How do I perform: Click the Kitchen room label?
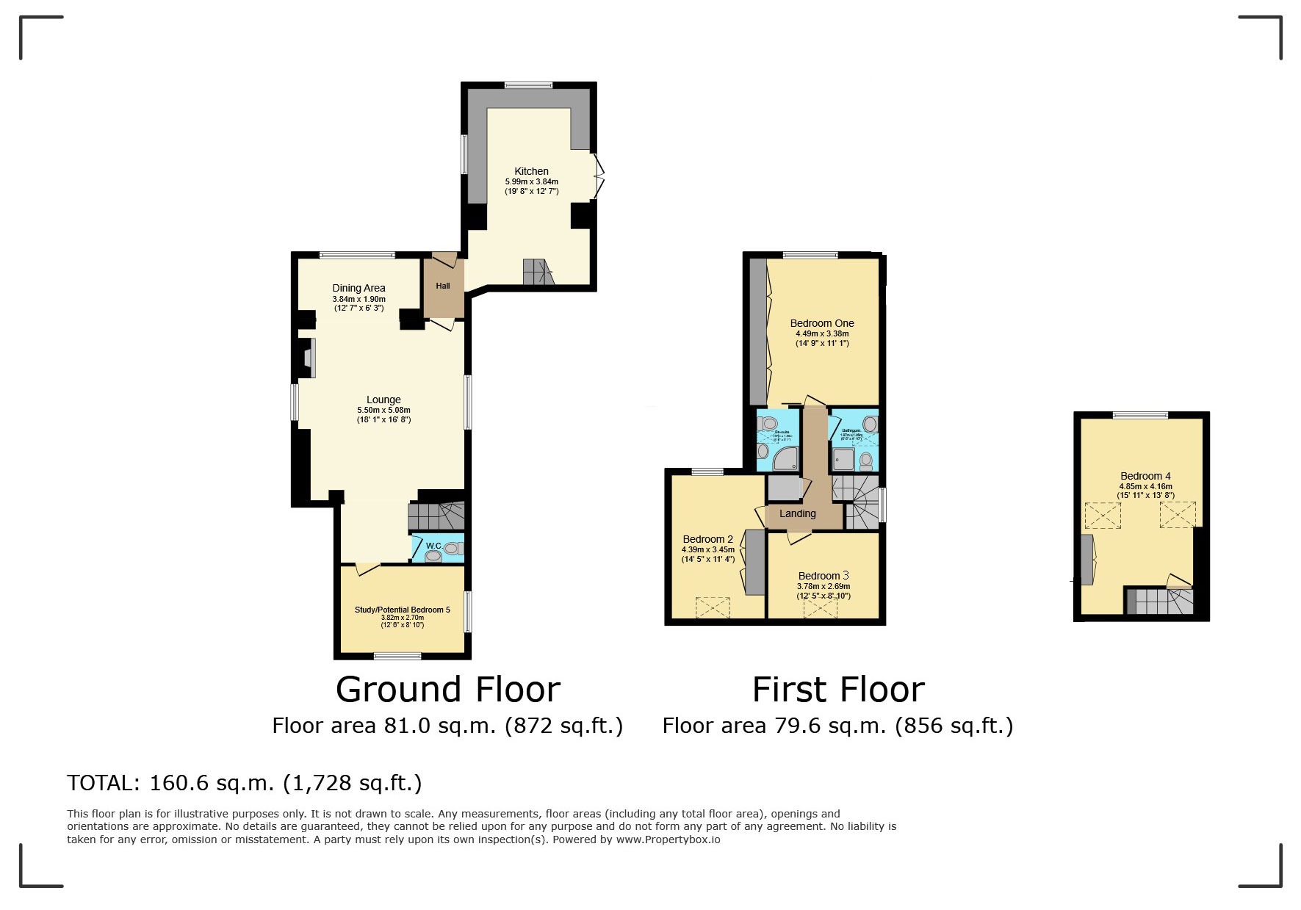click(x=531, y=171)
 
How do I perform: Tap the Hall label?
click(x=443, y=286)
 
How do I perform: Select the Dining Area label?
click(x=358, y=288)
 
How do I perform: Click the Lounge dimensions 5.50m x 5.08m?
click(x=383, y=410)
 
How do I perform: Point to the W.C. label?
click(x=433, y=546)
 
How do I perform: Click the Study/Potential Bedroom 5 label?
click(x=402, y=610)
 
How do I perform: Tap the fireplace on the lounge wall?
click(x=307, y=358)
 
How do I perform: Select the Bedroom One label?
click(x=821, y=323)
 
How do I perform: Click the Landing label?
click(x=797, y=513)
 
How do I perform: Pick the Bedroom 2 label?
click(x=707, y=539)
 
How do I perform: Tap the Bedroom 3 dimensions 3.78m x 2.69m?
click(x=824, y=586)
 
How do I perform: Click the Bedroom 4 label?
click(x=1145, y=476)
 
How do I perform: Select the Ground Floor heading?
click(x=447, y=689)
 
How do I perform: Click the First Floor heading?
click(x=837, y=689)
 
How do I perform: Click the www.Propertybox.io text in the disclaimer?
click(x=668, y=839)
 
